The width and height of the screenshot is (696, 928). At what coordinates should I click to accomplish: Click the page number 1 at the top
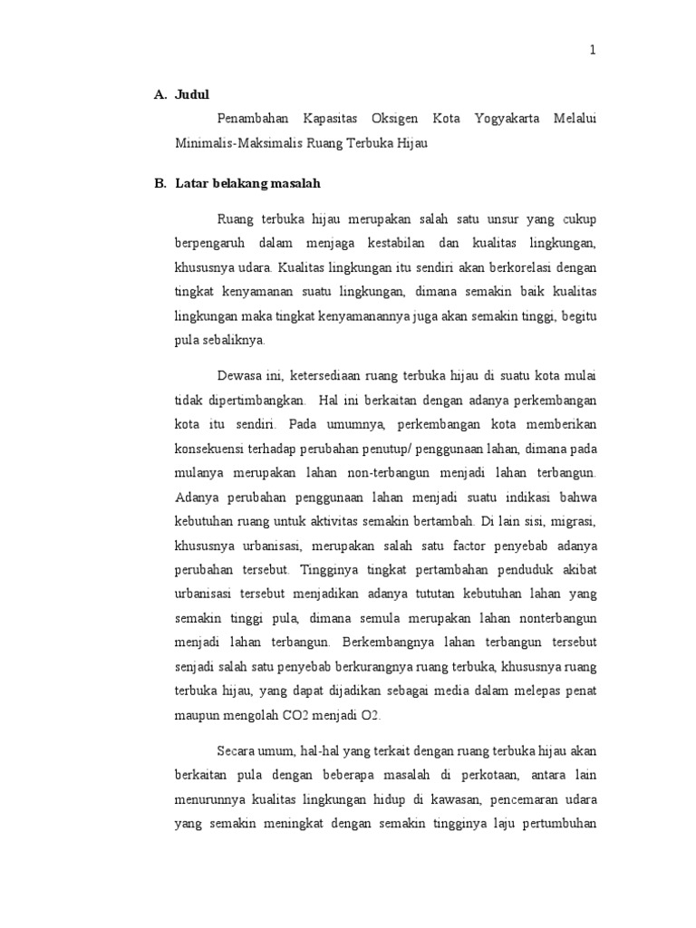pos(593,51)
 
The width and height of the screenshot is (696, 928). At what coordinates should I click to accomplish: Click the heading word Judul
pos(191,94)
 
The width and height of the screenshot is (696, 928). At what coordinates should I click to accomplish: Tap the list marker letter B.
pos(159,183)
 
